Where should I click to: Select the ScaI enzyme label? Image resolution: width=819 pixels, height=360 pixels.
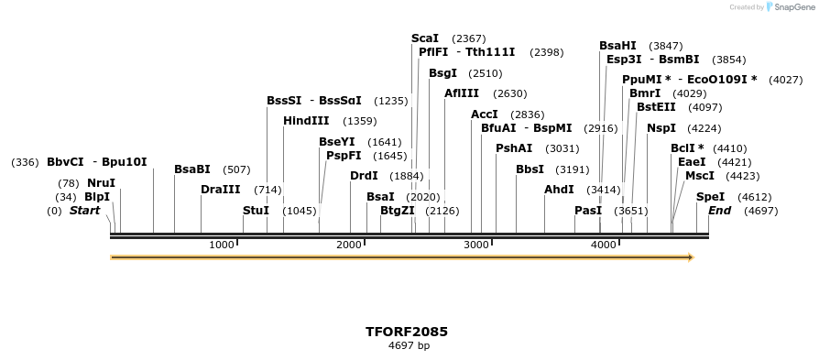[x=425, y=38]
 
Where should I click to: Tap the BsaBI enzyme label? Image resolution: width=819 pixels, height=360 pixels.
[x=192, y=169]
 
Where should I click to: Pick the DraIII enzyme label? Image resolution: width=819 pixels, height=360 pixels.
[x=220, y=190]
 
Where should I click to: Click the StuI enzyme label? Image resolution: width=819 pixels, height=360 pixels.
[x=256, y=211]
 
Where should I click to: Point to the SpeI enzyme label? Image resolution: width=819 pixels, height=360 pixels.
[x=710, y=197]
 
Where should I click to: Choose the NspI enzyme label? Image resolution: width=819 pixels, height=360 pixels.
[x=661, y=128]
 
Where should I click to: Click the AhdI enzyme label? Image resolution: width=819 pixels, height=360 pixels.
[x=559, y=190]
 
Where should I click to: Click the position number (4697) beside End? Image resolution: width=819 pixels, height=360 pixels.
[x=760, y=211]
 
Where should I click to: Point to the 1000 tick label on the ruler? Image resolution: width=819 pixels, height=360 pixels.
[x=222, y=245]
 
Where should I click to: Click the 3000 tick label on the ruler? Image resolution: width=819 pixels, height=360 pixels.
[x=476, y=245]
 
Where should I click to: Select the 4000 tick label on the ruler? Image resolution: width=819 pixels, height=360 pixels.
[x=603, y=245]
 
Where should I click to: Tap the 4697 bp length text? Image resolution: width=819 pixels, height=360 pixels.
[x=409, y=346]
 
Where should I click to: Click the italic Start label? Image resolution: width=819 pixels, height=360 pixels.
[x=84, y=211]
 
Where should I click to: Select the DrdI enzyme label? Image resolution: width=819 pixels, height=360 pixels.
[x=364, y=176]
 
